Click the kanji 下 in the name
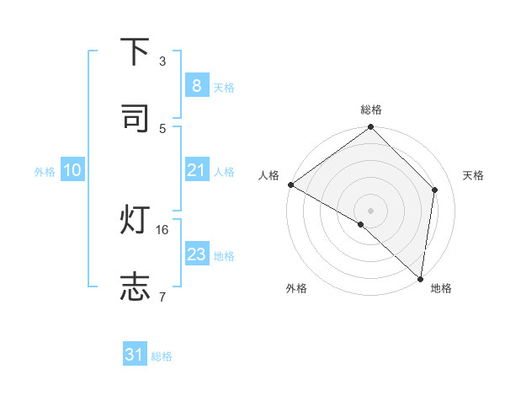tap(135, 52)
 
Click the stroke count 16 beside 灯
tap(163, 229)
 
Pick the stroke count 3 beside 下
tap(162, 61)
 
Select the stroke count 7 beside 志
tap(162, 297)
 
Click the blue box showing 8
tap(196, 86)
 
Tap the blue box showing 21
tap(196, 170)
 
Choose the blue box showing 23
tap(196, 254)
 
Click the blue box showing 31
tap(135, 356)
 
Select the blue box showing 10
tap(72, 170)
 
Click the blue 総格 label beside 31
tap(162, 356)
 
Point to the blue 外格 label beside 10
tap(45, 171)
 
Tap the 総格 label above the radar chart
tap(371, 110)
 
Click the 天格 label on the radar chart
tap(473, 175)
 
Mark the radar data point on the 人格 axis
tap(290, 185)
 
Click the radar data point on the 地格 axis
tap(420, 279)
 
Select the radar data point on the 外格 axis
tap(361, 225)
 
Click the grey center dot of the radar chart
tap(370, 210)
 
